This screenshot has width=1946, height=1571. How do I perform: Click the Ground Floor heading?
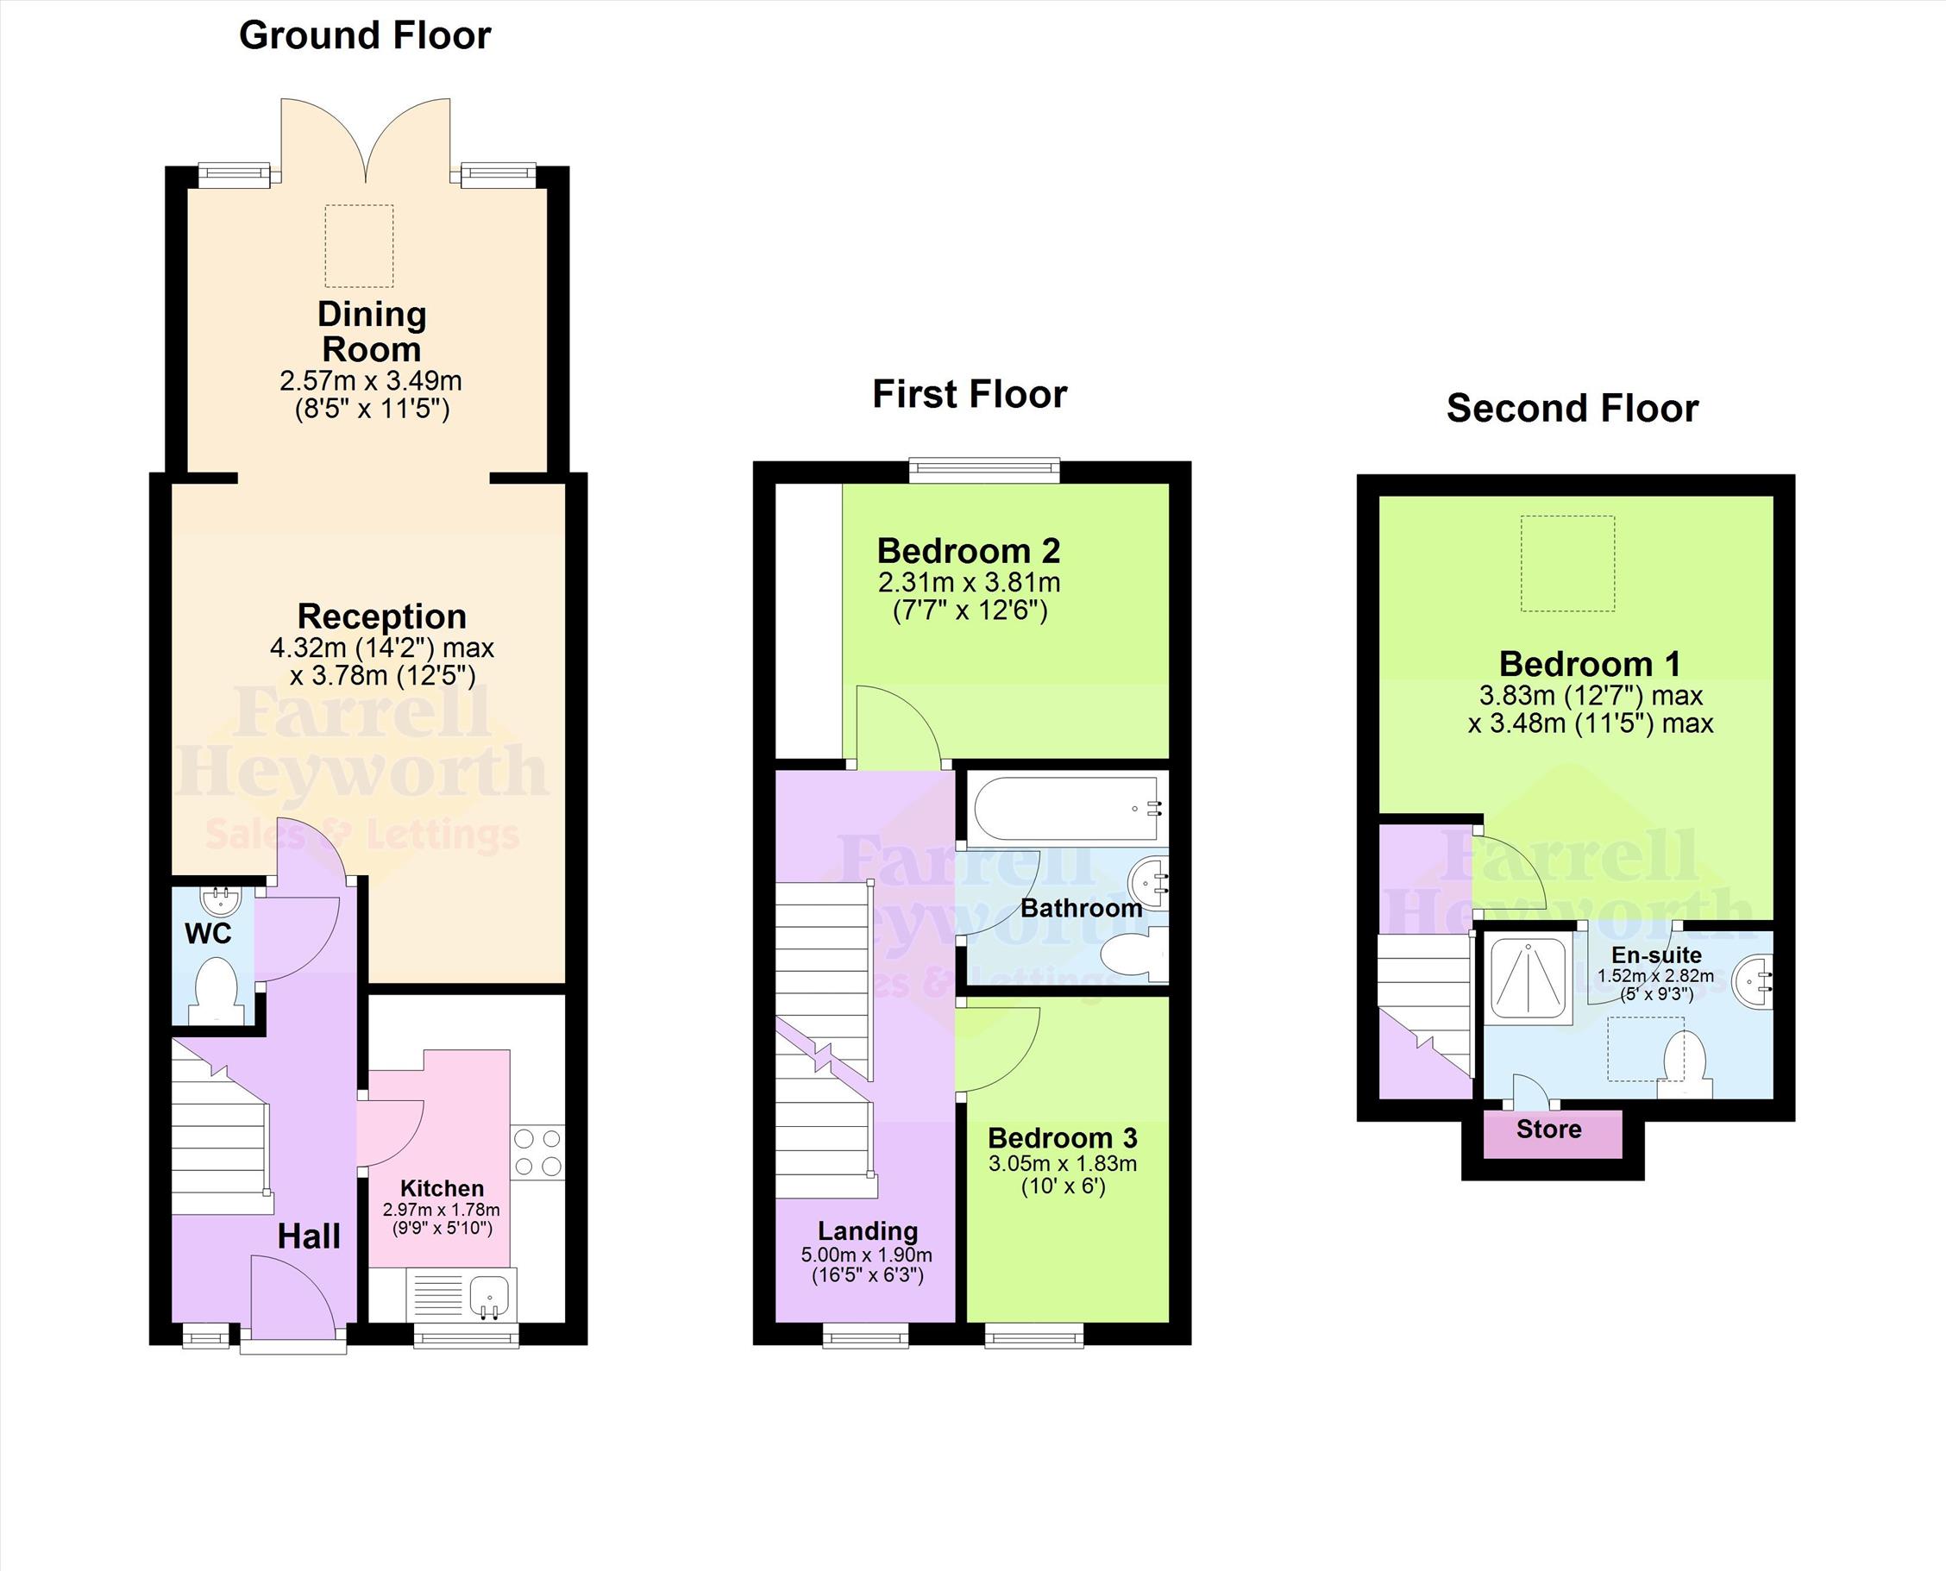[365, 36]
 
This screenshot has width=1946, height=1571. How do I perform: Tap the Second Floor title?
[1572, 408]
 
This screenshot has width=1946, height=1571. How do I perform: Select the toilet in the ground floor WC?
[217, 990]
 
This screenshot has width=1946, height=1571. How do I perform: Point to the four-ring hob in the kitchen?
[537, 1152]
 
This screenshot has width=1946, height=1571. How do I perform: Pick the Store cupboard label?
[1548, 1130]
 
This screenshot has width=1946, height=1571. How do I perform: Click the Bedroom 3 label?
[1063, 1137]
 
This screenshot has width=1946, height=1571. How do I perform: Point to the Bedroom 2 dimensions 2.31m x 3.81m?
[970, 582]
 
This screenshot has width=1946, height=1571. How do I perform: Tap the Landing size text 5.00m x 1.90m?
[866, 1255]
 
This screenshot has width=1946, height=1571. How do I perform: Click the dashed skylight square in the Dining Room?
[360, 246]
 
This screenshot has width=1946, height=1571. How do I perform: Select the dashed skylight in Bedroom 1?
[1567, 564]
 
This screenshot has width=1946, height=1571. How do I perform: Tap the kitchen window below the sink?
[466, 1336]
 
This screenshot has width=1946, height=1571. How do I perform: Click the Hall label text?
[309, 1236]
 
